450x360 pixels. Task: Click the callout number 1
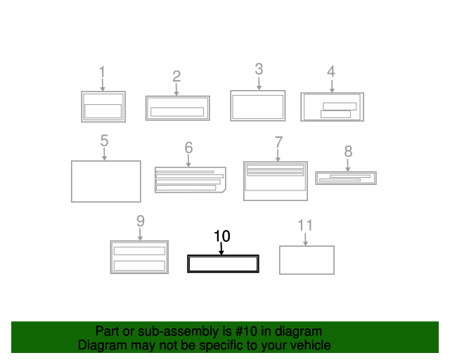pyautogui.click(x=102, y=72)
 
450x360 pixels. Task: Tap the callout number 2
pyautogui.click(x=176, y=76)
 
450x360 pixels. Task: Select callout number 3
pyautogui.click(x=259, y=69)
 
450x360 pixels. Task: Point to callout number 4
pyautogui.click(x=331, y=72)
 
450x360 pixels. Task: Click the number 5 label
pyautogui.click(x=104, y=141)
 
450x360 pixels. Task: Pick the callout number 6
pyautogui.click(x=188, y=148)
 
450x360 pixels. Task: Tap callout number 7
pyautogui.click(x=278, y=141)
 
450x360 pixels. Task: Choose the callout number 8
pyautogui.click(x=348, y=151)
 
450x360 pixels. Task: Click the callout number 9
pyautogui.click(x=140, y=221)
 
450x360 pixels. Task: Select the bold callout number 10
pyautogui.click(x=222, y=236)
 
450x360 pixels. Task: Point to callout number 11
pyautogui.click(x=305, y=225)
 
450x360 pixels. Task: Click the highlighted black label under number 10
pyautogui.click(x=223, y=264)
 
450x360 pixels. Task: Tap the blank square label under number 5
pyautogui.click(x=105, y=181)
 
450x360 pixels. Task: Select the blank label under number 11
pyautogui.click(x=307, y=259)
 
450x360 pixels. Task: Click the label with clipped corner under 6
pyautogui.click(x=190, y=179)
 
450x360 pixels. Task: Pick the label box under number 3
pyautogui.click(x=257, y=105)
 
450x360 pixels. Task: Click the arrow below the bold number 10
pyautogui.click(x=221, y=248)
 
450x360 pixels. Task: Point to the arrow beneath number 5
pyautogui.click(x=104, y=154)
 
